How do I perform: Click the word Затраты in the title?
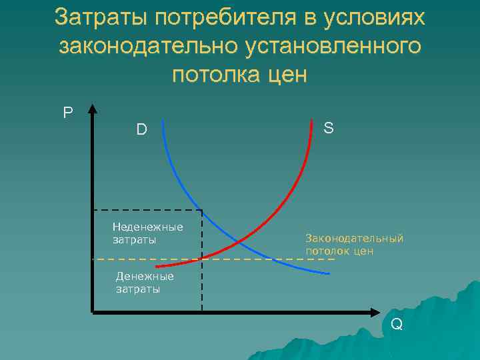click(101, 18)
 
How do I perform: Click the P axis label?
click(68, 113)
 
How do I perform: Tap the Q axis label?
click(397, 325)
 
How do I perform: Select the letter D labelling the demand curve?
click(141, 129)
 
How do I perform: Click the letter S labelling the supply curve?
click(329, 127)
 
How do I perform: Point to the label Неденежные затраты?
click(147, 233)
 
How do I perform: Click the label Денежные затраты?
click(144, 283)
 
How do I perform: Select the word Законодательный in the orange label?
click(354, 238)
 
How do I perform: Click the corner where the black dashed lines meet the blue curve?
click(201, 211)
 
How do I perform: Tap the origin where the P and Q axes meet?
click(93, 311)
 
